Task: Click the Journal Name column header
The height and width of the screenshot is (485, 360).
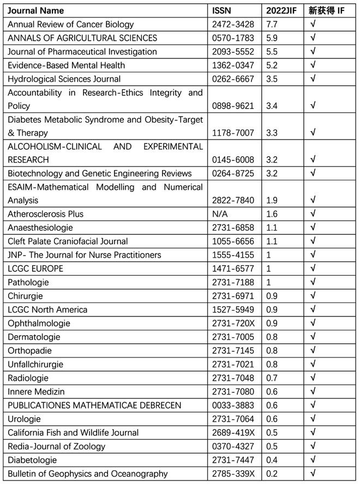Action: pos(35,11)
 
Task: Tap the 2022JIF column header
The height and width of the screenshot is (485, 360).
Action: pos(281,11)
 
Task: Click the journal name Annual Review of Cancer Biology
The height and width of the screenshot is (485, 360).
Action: pos(70,25)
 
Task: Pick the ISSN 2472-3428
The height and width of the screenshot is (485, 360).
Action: pos(233,25)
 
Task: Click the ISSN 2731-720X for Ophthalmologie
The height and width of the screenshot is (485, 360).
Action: pos(233,323)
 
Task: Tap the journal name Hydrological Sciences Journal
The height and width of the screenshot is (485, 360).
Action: pos(64,79)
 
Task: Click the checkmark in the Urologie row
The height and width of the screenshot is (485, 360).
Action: pos(313,419)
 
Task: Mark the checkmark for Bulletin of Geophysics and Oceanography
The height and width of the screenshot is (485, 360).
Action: pos(313,474)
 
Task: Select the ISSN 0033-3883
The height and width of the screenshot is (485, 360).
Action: pos(233,405)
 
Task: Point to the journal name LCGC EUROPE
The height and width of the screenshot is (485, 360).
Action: pos(35,269)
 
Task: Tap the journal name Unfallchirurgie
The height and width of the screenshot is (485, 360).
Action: pos(35,364)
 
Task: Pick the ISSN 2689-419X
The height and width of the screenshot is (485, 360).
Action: pos(233,433)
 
